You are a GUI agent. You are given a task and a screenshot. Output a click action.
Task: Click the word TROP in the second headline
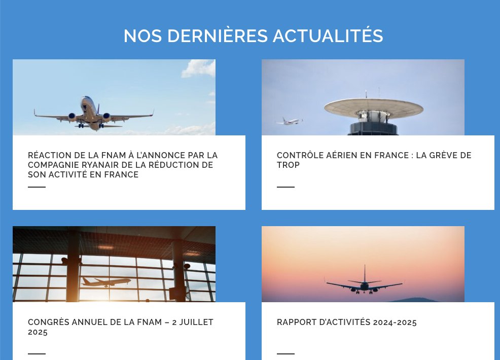pos(288,165)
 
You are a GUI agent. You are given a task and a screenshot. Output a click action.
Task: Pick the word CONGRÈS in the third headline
pos(47,322)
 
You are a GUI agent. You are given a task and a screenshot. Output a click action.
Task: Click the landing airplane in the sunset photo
pos(364,284)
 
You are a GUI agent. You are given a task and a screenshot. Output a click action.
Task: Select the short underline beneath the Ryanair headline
pos(37,187)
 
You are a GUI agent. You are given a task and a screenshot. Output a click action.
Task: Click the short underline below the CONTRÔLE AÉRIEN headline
pos(285,187)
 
